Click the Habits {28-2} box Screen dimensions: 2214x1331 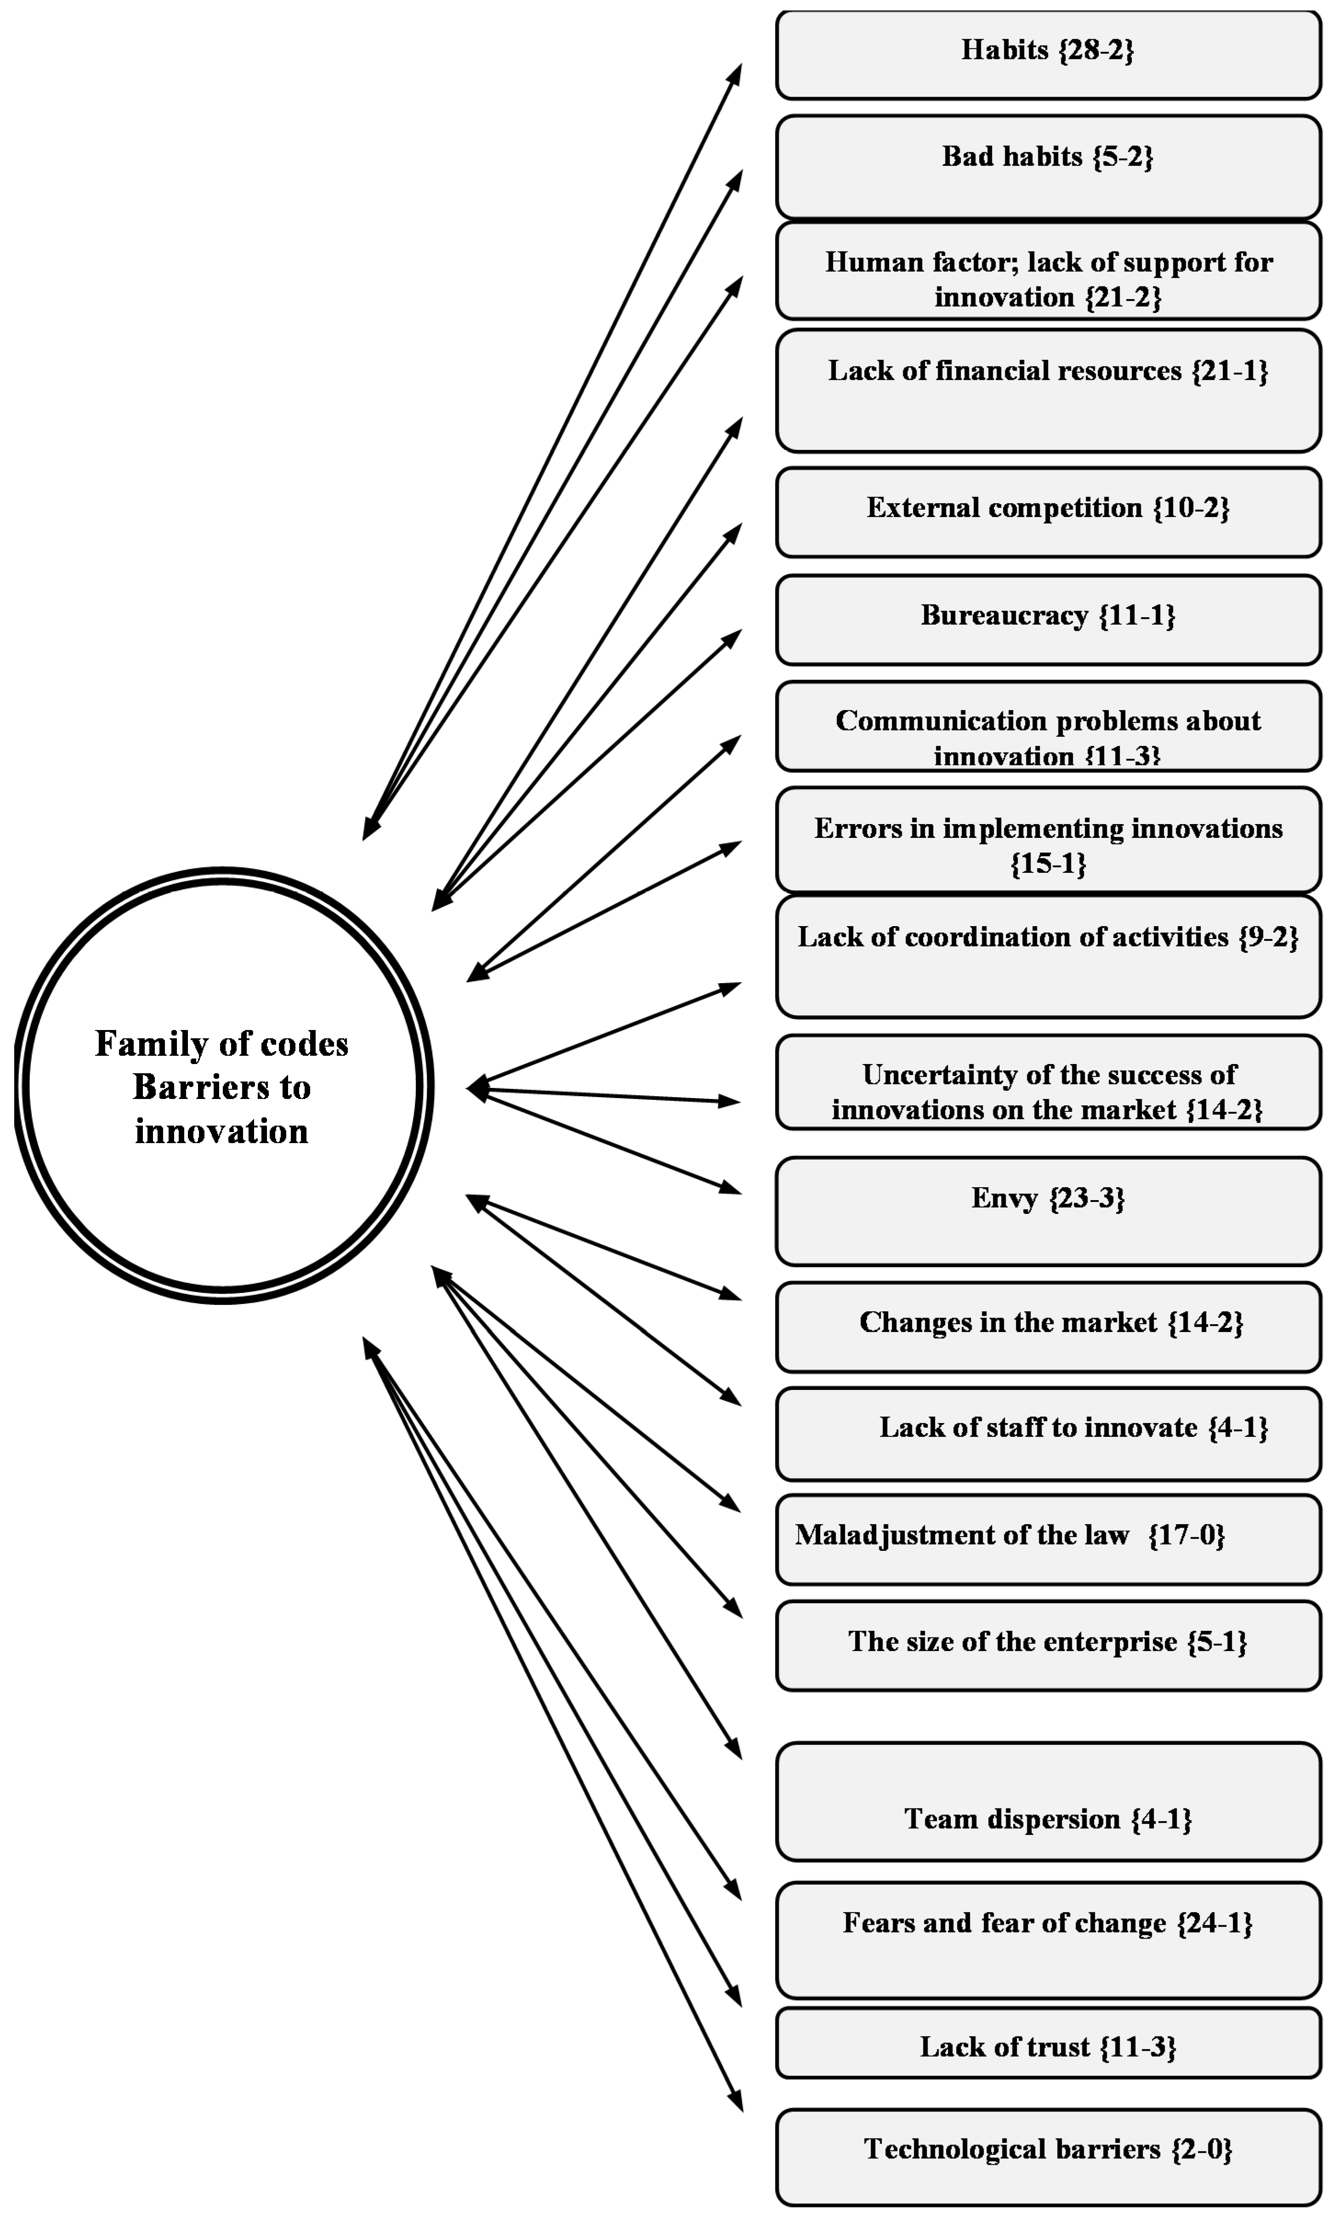pyautogui.click(x=1048, y=54)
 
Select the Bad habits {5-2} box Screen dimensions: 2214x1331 pyautogui.click(x=1048, y=166)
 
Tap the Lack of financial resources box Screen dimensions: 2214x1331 pyautogui.click(x=1048, y=390)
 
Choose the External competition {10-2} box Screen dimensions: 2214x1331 pyautogui.click(x=1048, y=512)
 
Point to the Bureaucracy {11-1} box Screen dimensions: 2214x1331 pyautogui.click(x=1048, y=619)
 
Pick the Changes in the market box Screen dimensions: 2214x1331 pyautogui.click(x=1048, y=1326)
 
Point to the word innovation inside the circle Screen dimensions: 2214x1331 pyautogui.click(x=221, y=1132)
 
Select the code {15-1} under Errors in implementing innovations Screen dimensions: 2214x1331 pyautogui.click(x=1048, y=864)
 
